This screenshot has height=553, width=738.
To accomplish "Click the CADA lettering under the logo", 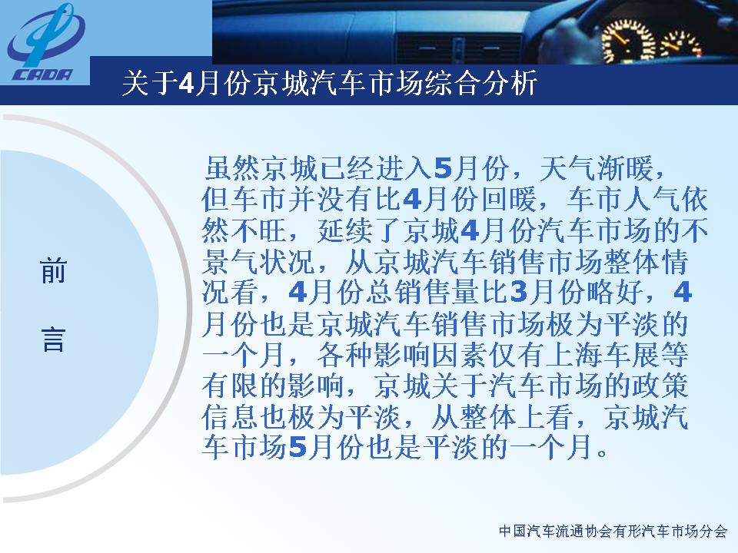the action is (x=42, y=75).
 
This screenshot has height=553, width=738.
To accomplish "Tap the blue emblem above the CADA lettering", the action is (x=45, y=36).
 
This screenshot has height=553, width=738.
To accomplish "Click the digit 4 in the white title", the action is (x=187, y=84).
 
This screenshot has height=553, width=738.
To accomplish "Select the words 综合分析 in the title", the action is (x=480, y=84).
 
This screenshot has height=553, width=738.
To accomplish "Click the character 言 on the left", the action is (x=53, y=339).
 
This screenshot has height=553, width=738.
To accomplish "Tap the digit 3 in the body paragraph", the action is (x=518, y=292).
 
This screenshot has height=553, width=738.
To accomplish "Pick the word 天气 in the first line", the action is (x=567, y=168).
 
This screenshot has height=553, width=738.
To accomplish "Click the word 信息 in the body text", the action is (x=230, y=416).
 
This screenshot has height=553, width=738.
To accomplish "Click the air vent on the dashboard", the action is (x=458, y=49).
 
